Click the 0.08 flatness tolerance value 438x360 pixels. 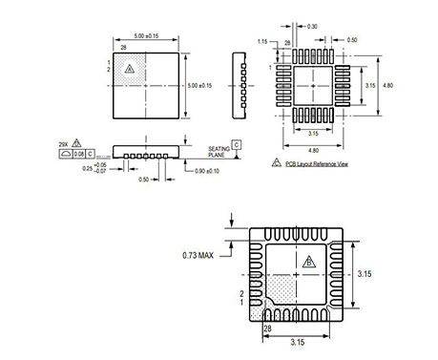click(x=80, y=152)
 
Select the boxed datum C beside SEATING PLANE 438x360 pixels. click(x=236, y=143)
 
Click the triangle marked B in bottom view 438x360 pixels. click(x=307, y=262)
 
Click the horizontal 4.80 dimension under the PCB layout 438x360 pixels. click(x=314, y=149)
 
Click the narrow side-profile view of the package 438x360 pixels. click(x=240, y=83)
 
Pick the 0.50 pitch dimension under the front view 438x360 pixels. click(x=144, y=179)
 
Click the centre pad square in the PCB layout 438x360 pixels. click(x=314, y=85)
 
